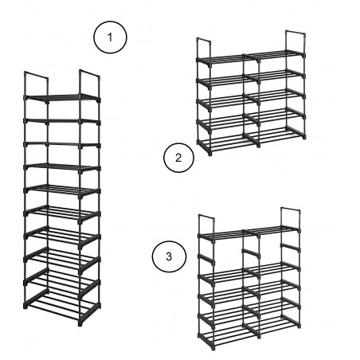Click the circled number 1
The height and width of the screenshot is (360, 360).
[x=111, y=37]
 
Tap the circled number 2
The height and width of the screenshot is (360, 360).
[x=178, y=158]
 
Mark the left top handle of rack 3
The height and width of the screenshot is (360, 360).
[x=204, y=224]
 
